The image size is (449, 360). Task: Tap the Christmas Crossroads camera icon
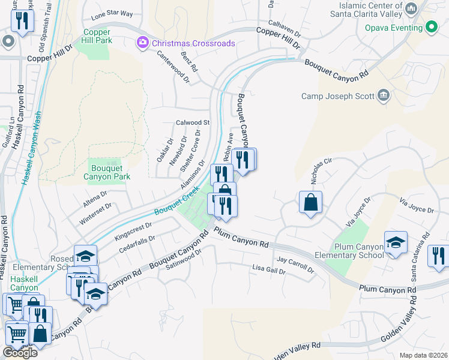tap(142, 43)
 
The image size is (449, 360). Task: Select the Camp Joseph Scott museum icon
tap(382, 95)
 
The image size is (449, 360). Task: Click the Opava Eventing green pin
tap(430, 28)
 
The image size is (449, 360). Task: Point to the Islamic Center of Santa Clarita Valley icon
tap(411, 8)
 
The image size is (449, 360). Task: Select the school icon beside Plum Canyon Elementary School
tap(396, 242)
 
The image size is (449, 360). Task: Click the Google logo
tap(20, 353)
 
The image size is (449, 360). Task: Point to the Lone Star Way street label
tap(112, 13)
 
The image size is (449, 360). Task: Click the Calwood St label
tap(192, 122)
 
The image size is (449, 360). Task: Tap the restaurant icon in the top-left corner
tap(22, 21)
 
